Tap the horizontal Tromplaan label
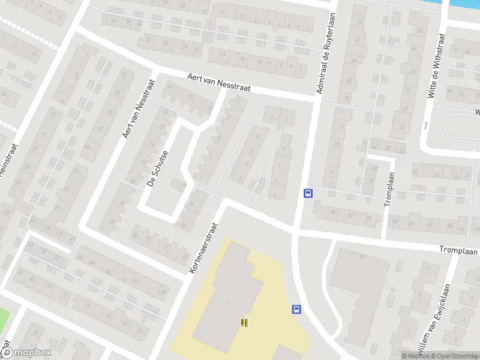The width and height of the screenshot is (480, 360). click(458, 250)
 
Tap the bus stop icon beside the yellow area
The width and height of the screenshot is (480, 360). click(296, 309)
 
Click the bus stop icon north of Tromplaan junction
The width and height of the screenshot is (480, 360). click(308, 193)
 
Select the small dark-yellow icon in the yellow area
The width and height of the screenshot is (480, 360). click(243, 323)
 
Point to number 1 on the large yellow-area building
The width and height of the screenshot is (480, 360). click(227, 302)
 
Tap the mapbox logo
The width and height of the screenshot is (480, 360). click(27, 353)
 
